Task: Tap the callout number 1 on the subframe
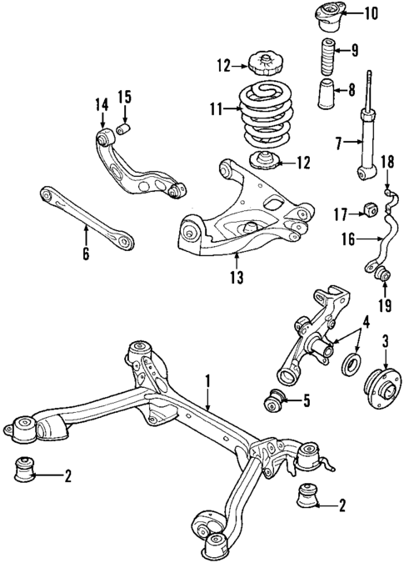coord(208,384)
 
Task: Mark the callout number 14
coord(102,105)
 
